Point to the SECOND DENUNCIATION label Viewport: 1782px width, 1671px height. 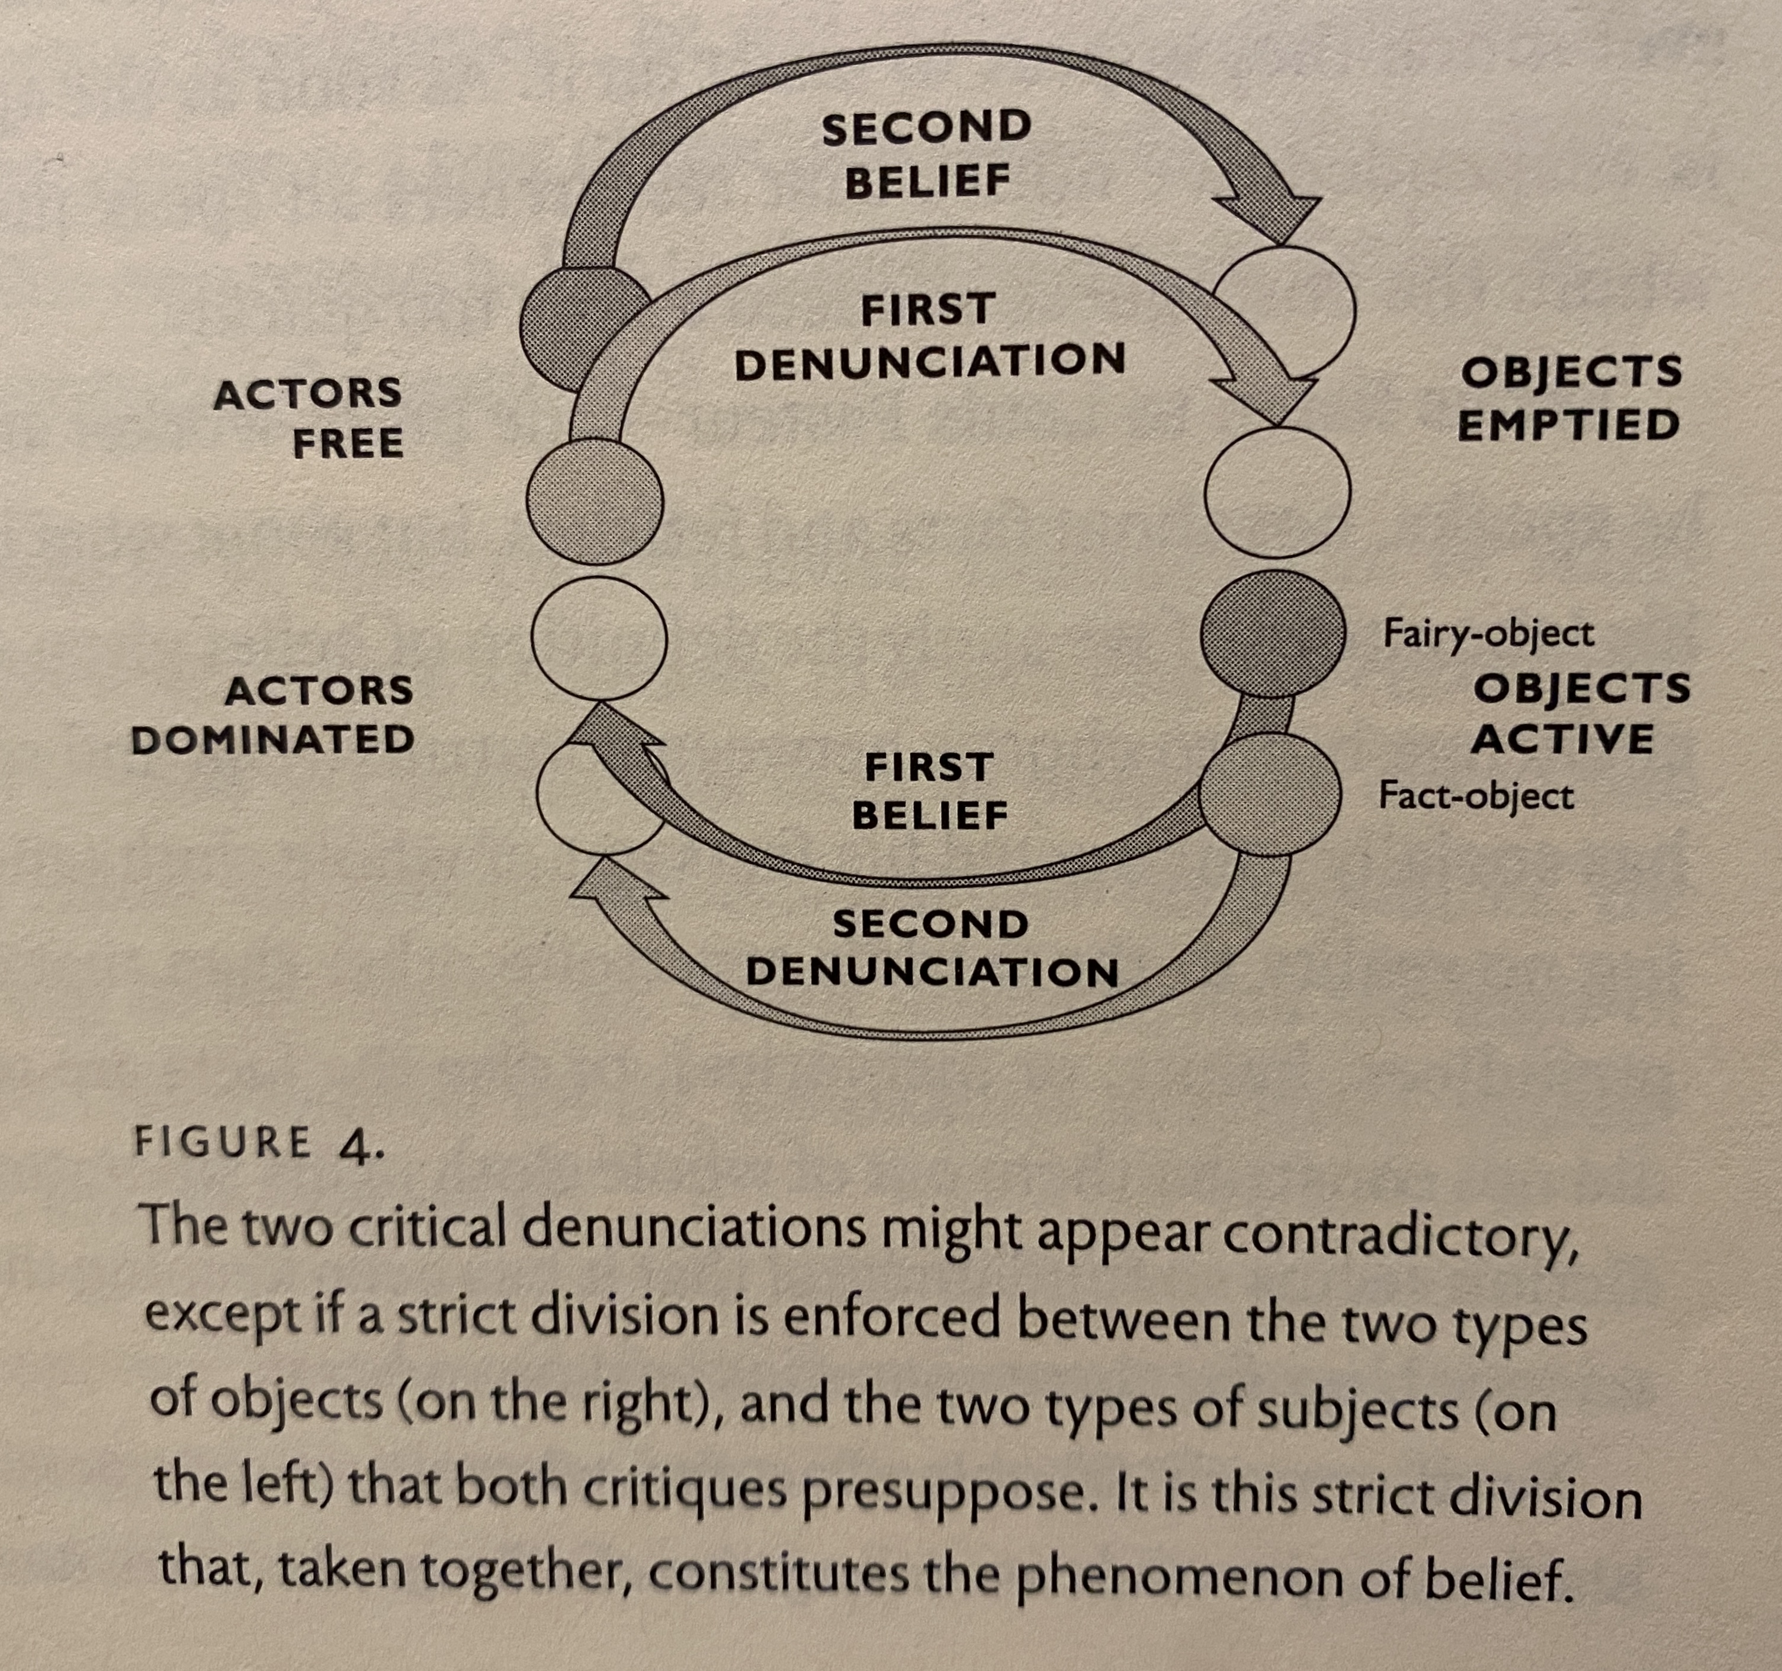932,947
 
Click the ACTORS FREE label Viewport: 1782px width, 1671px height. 309,419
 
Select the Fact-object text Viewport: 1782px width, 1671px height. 1475,796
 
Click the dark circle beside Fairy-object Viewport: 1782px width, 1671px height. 1273,633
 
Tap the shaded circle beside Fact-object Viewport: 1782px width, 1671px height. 1270,794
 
